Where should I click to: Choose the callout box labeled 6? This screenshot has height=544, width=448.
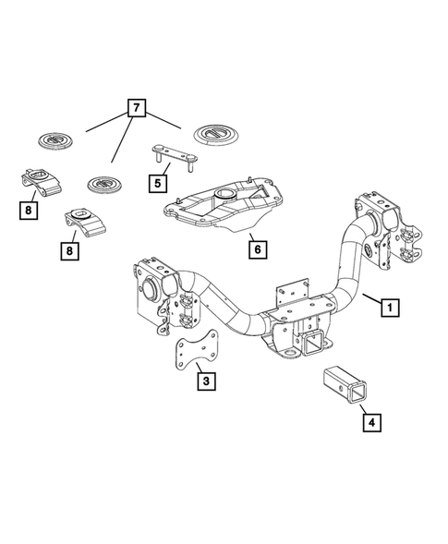[x=257, y=248]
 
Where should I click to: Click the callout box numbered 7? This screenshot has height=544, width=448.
[x=137, y=110]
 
